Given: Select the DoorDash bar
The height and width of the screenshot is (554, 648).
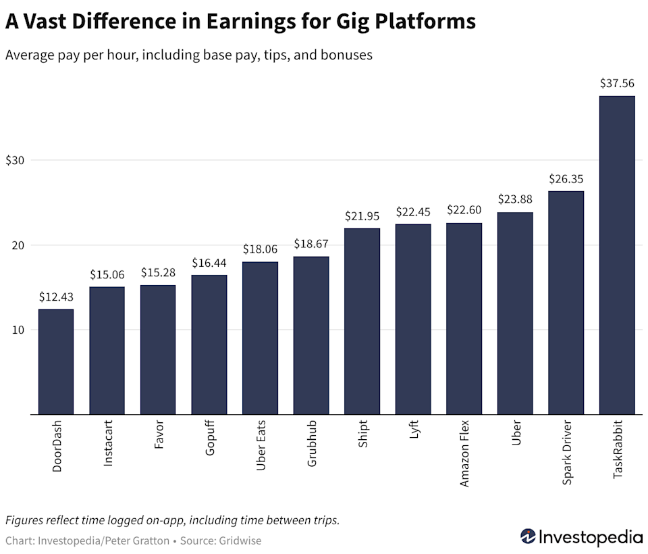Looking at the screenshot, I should (56, 361).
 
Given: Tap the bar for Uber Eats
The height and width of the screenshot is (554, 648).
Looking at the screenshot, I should (260, 338).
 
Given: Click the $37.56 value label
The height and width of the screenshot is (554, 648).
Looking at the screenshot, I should (617, 84).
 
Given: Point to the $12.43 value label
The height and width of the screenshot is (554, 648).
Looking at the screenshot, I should (56, 297).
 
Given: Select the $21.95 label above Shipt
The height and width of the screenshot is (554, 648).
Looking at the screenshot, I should (362, 216).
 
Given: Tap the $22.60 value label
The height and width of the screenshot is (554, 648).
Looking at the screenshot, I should (464, 211).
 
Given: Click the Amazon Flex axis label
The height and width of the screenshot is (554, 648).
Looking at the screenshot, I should (464, 453).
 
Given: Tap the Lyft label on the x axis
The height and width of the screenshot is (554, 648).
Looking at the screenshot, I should (413, 432).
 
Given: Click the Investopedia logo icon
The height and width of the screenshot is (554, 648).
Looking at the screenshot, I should (527, 537).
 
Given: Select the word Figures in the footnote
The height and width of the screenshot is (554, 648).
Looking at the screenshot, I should (25, 520).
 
